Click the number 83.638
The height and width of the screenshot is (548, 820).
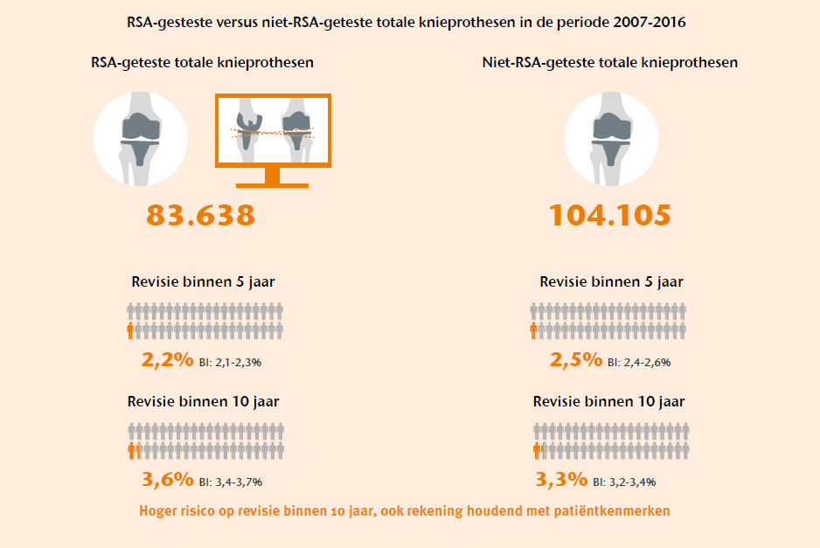pos(200,215)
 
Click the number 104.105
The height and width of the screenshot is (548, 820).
pos(609,215)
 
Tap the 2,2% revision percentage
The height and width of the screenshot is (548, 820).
pos(167,359)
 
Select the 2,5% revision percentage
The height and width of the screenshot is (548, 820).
pos(576,359)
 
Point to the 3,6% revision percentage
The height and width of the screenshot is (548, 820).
pos(167,479)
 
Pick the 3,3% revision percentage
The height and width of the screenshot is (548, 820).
pos(561,479)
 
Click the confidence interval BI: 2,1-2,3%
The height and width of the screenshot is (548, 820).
pos(231,361)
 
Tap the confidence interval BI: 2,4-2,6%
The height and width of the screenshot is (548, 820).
pos(639,361)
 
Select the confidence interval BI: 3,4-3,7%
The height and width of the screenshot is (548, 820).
pos(231,481)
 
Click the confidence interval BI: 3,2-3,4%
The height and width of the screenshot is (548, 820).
pos(625,481)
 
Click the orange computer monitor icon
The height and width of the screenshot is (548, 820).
pos(273,131)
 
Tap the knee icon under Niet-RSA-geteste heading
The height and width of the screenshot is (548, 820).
pos(611,139)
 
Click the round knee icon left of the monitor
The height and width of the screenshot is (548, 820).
pos(139,139)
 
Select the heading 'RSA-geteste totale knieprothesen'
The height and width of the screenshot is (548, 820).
pos(203,63)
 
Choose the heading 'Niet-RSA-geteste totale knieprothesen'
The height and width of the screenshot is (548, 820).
pos(609,63)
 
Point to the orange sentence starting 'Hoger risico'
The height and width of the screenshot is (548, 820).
pos(405,510)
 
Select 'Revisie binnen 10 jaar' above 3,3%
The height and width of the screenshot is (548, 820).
pos(609,401)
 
